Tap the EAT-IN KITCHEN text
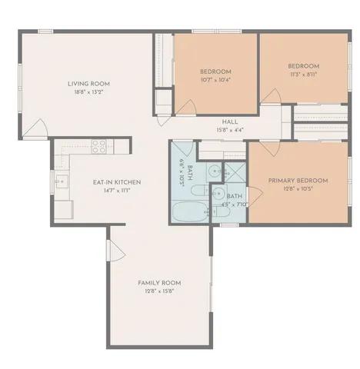[116, 182]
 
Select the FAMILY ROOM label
[159, 283]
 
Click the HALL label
[229, 121]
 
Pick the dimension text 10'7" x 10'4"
[215, 80]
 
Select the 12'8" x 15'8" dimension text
[159, 291]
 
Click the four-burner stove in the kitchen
[99, 145]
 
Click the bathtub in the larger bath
[188, 211]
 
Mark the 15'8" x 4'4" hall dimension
[229, 129]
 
